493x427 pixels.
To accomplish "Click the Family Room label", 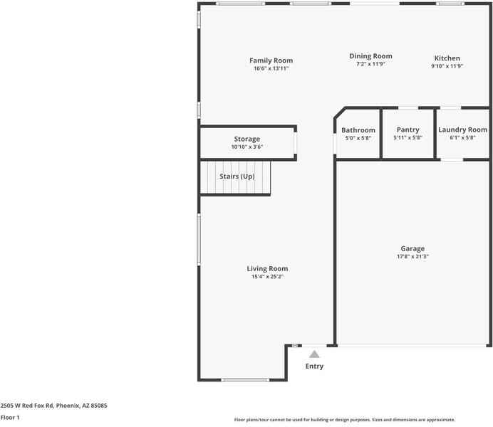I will (271, 60).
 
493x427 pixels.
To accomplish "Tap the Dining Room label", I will (370, 56).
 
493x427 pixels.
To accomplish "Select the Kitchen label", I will (447, 58).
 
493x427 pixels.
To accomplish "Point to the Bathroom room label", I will (358, 130).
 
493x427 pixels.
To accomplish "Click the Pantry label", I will (408, 130).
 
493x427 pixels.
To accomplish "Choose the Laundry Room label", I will (462, 130).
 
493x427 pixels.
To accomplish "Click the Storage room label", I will (247, 139).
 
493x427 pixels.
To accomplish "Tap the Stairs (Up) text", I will (237, 176).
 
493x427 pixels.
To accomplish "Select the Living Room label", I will (268, 268).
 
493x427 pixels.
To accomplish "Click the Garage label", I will (412, 248).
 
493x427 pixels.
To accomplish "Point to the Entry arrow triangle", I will (314, 353).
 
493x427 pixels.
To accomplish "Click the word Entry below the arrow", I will (314, 367).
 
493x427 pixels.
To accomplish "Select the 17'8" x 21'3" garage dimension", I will (412, 257).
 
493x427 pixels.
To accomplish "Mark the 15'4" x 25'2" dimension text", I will (268, 277).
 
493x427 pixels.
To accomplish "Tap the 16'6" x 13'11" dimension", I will (271, 69).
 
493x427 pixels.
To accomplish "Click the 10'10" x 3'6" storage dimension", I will (247, 147).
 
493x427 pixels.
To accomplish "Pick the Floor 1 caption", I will (10, 418).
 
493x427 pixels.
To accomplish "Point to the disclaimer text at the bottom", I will (344, 420).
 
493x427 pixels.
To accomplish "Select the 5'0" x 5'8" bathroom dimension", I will (358, 138).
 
